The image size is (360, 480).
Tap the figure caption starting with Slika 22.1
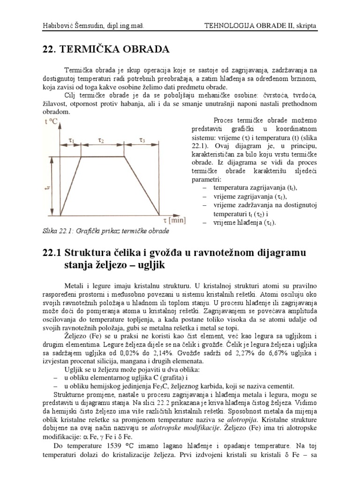106,231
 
